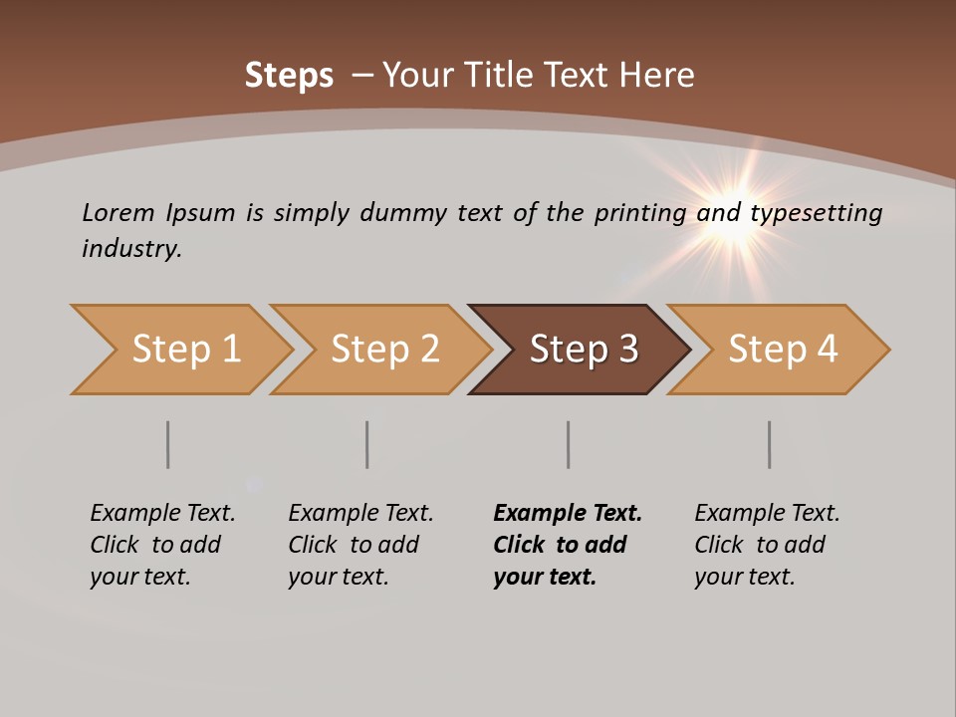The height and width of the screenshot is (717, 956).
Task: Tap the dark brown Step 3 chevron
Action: click(581, 350)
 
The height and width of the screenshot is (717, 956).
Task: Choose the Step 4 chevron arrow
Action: click(780, 350)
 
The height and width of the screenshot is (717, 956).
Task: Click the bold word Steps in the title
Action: click(289, 76)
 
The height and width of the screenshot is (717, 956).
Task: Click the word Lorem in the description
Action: click(117, 212)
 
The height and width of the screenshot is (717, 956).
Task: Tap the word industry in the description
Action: click(130, 248)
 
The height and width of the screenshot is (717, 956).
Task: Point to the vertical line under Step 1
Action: click(167, 444)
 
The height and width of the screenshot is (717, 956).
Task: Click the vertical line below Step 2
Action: click(366, 444)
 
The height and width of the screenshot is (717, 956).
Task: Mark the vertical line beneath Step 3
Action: click(568, 444)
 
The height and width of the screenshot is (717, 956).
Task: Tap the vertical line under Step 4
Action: click(769, 444)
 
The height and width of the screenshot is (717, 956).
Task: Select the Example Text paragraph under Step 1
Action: click(162, 545)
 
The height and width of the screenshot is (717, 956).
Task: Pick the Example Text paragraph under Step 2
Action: click(360, 545)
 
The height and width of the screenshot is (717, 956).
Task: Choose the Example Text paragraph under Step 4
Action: click(767, 545)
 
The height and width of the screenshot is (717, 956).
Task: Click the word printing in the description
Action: click(639, 213)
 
